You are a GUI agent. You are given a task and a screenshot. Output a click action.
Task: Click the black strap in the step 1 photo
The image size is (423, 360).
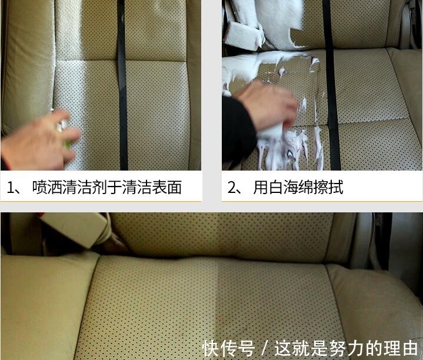[122, 88]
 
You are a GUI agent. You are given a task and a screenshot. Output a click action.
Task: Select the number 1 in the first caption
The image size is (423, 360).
[11, 188]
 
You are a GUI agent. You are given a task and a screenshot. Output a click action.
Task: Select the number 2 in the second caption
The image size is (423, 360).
[232, 188]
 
